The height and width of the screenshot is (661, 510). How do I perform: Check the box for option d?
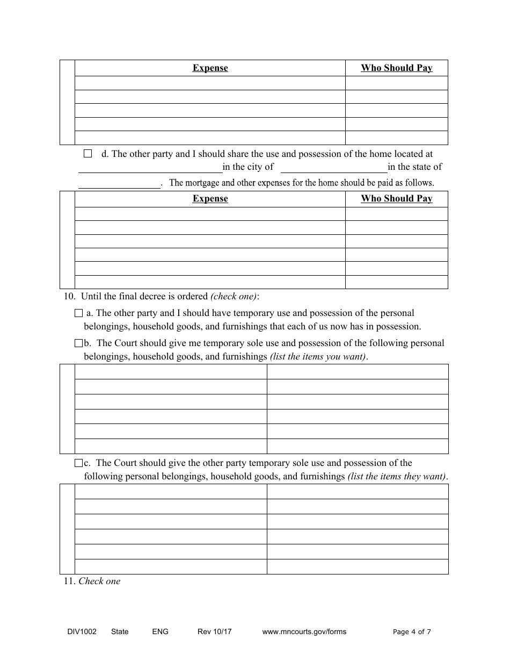(x=88, y=154)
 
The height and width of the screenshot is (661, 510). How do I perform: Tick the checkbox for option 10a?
(x=79, y=313)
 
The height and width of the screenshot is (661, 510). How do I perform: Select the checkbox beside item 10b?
(x=79, y=343)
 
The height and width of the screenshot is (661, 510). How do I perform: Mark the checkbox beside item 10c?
(x=79, y=463)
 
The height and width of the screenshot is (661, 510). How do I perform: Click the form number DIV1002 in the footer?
(x=78, y=631)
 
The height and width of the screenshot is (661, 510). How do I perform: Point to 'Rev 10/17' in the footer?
(x=215, y=631)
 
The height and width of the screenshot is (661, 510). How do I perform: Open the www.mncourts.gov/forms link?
(x=304, y=631)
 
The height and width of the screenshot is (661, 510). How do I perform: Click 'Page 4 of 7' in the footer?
(x=412, y=631)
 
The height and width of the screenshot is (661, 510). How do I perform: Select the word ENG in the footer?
(x=161, y=631)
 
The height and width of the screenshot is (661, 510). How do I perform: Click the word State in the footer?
(x=120, y=631)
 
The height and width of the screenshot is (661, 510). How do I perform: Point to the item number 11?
(x=69, y=581)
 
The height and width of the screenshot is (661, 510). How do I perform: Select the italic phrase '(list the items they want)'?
(x=397, y=476)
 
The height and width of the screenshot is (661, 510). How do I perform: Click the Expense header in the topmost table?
(x=210, y=68)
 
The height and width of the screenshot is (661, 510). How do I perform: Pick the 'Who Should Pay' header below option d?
(x=397, y=199)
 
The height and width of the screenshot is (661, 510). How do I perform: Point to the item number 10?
(x=70, y=296)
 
